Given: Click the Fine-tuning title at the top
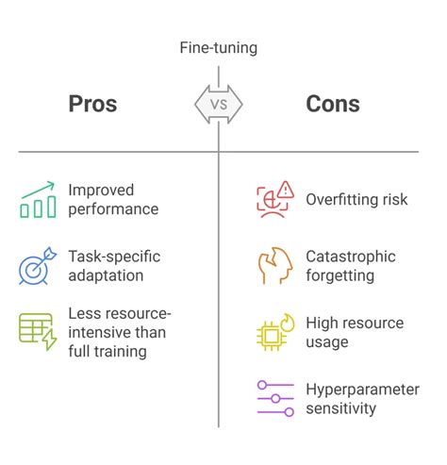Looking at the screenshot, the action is coord(219,48).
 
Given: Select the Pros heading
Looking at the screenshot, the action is coord(92,104).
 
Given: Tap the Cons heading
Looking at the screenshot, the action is coord(333,104).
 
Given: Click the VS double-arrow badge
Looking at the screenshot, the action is coord(219,105).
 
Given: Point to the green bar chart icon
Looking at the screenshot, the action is coord(38,200).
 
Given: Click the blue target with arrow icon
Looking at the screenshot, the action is coord(38,266).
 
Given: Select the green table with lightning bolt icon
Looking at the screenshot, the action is coord(38,332).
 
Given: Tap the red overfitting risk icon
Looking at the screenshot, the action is coord(275,200).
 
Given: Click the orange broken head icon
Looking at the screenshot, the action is coord(275,266).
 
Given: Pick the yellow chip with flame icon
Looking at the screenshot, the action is coord(275,332).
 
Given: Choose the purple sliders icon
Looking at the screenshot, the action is coord(275,398).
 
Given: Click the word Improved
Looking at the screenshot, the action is coord(101,191).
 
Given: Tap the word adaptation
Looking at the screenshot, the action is coord(106,276).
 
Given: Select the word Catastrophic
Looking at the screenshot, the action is coord(351,257).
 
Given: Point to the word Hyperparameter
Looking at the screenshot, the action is coord(363,390).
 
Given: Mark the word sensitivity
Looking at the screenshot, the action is coord(341,408).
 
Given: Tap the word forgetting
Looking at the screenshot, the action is coord(340,276).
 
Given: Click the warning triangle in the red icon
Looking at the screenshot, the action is coord(286,190).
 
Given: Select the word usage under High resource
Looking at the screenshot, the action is coord(327,342).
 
